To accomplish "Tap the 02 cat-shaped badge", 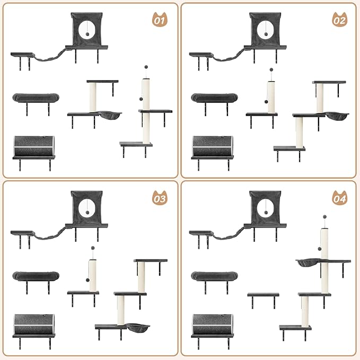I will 339,21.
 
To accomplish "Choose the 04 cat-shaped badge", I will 339,199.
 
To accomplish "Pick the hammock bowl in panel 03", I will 138,328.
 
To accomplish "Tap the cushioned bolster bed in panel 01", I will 36,98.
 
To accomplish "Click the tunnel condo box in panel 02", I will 213,146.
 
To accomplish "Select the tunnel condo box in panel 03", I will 34,324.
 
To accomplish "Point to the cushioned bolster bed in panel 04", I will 214,276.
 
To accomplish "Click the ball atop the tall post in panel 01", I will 145,68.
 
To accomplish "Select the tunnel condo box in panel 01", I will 34,146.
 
